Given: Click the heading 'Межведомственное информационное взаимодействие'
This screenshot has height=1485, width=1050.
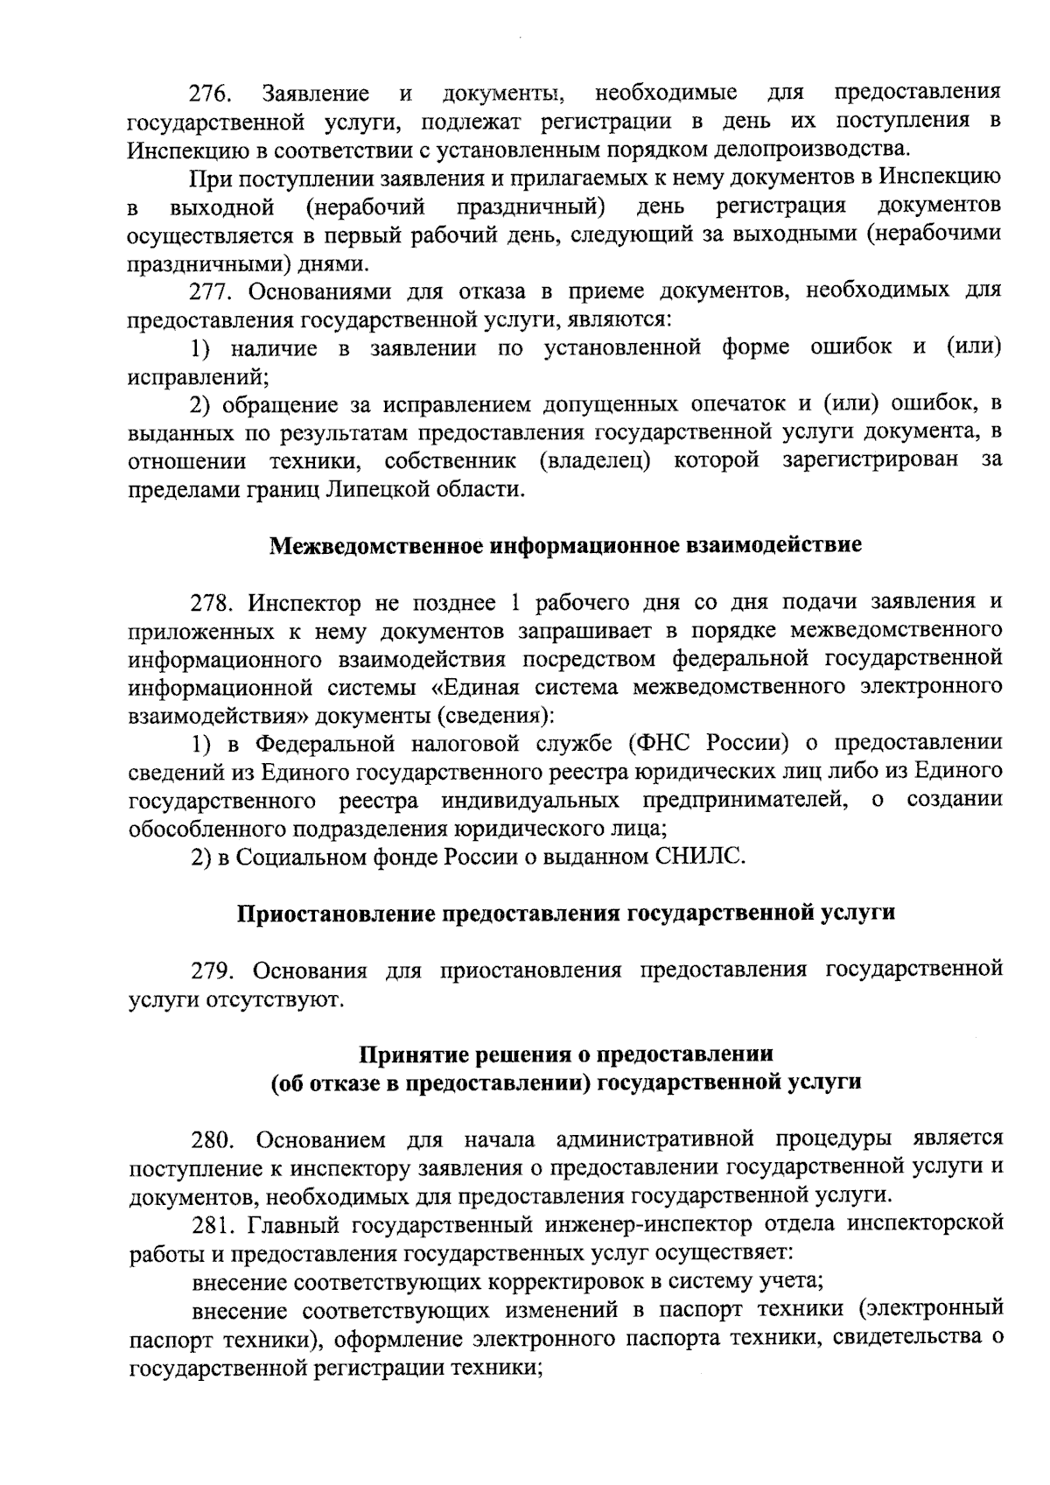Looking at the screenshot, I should coord(565,545).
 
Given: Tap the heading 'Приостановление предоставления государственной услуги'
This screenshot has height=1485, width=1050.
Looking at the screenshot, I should coord(565,913).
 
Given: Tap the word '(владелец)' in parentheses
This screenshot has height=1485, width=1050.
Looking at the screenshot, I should coord(595,461).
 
